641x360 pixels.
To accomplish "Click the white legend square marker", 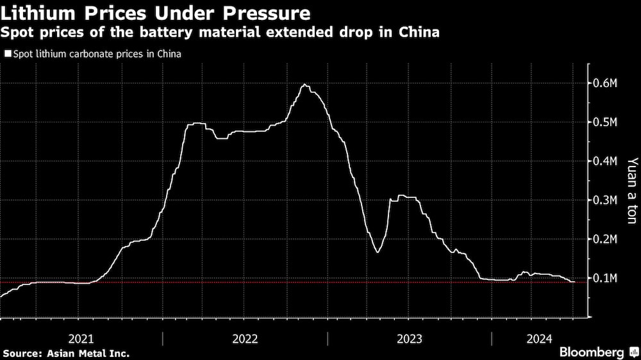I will (8, 54).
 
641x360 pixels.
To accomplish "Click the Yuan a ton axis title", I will (631, 190).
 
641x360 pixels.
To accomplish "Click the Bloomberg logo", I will (592, 352).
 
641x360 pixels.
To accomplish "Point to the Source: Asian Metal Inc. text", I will (66, 353).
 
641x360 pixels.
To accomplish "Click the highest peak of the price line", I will (305, 85).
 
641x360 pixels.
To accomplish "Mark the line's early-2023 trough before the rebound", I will (378, 252).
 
